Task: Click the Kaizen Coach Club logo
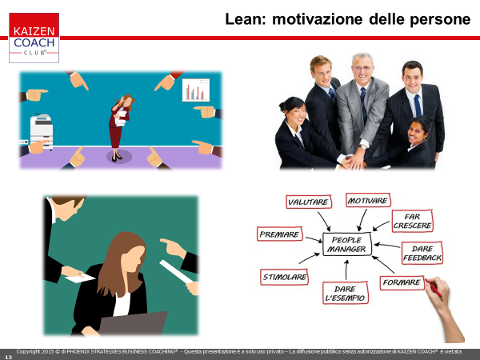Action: click(x=34, y=38)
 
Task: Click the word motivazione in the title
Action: click(x=317, y=19)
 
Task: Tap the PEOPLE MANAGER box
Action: click(x=347, y=244)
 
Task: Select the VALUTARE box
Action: click(x=309, y=202)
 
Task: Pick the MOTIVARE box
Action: click(x=368, y=201)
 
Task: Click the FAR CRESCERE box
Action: click(x=412, y=221)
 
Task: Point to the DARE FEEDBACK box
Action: click(x=422, y=253)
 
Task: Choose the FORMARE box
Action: click(x=402, y=282)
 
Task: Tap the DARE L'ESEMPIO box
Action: click(x=346, y=294)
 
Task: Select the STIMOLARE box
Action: click(x=284, y=277)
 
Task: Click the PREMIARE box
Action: click(x=279, y=234)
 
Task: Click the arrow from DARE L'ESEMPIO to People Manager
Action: click(x=346, y=270)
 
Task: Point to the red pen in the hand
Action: click(x=434, y=288)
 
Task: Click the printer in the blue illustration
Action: click(x=42, y=132)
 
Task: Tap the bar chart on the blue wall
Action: click(x=196, y=90)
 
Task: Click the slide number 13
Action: click(x=8, y=357)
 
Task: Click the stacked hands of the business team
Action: click(x=353, y=162)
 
